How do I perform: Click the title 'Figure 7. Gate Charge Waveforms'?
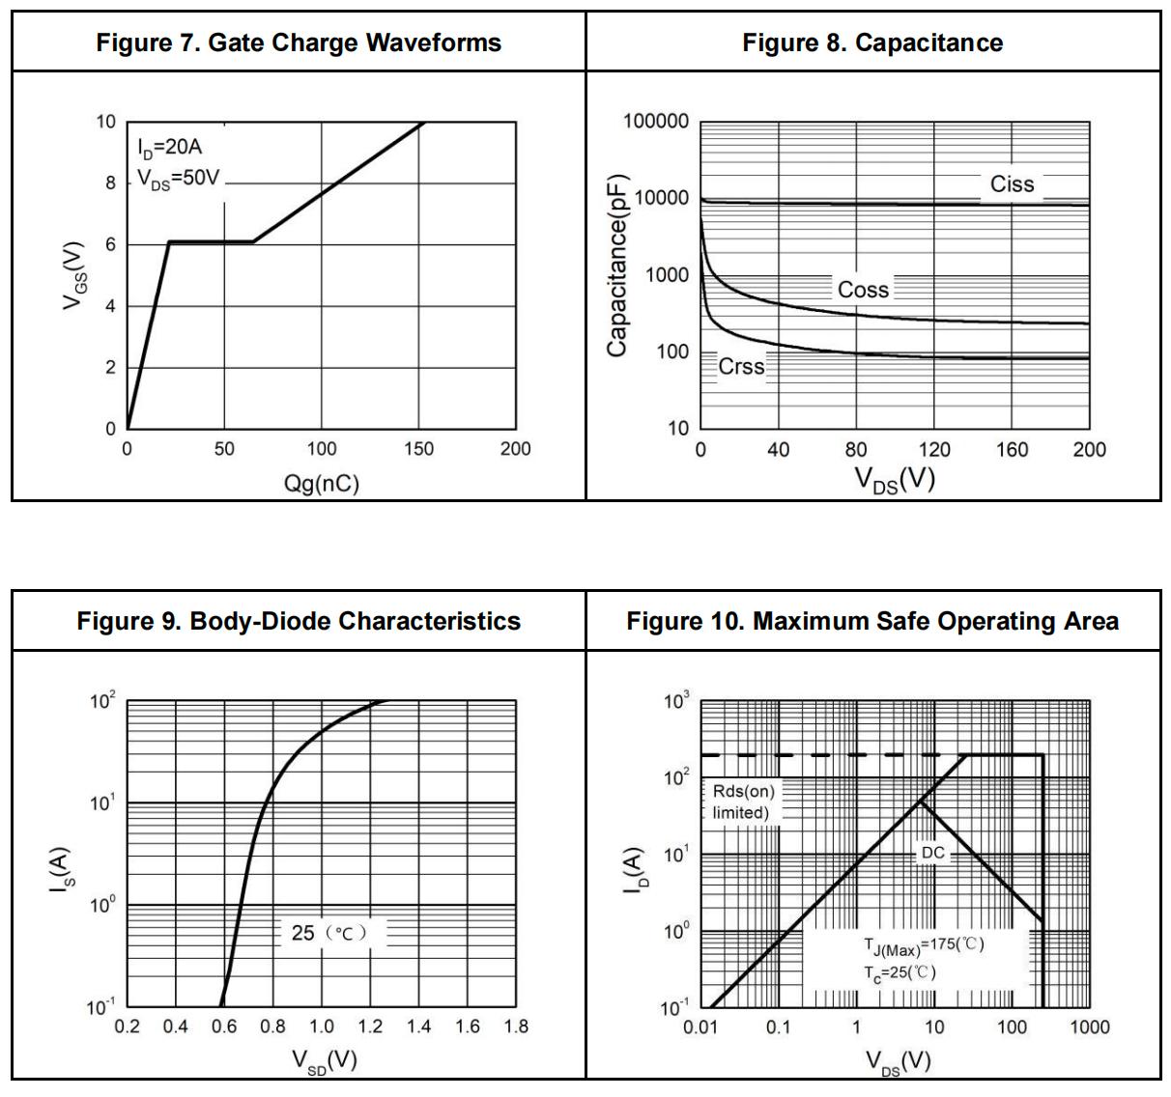299,42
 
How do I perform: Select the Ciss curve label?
1012,184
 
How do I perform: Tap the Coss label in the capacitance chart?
863,290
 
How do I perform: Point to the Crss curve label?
741,367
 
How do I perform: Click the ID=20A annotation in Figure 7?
169,148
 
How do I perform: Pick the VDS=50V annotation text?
179,180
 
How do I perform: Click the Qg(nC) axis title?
322,483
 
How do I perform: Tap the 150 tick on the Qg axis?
418,449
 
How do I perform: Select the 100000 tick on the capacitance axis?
656,122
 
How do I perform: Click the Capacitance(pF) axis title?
617,266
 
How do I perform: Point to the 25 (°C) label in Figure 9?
328,933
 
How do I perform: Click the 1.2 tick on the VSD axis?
370,1027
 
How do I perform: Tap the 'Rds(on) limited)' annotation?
742,802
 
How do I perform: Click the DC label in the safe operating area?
932,853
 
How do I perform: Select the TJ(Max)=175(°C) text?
923,945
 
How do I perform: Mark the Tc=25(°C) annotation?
900,972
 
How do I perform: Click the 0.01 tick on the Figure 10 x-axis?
700,1027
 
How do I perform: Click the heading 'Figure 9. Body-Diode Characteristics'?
299,621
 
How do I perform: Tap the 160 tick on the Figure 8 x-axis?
1012,450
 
